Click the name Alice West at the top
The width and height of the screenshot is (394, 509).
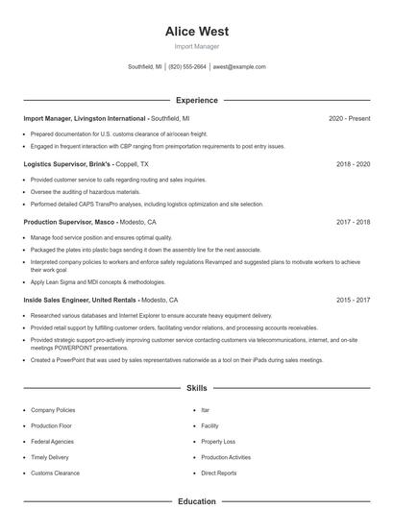point(196,32)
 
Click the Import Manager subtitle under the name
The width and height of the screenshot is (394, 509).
point(196,46)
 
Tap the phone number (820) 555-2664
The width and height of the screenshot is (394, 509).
point(187,67)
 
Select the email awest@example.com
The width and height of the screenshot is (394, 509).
point(239,67)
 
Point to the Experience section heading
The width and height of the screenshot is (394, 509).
point(196,100)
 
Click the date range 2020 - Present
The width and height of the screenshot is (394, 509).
point(349,118)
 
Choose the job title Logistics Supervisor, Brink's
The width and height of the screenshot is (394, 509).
point(74,164)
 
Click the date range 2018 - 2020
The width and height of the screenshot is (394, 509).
point(353,164)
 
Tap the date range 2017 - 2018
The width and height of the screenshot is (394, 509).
point(353,221)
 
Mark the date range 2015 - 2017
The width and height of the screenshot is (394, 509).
point(353,300)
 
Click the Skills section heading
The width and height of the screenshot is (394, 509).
point(196,388)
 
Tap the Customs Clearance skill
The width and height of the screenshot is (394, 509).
point(56,473)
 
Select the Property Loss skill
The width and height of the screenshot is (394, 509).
point(218,442)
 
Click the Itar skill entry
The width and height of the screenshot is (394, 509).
point(205,410)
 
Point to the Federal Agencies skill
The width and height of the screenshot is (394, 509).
point(53,442)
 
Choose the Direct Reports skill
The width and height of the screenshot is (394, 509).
point(219,473)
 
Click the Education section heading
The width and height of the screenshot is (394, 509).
point(196,501)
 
